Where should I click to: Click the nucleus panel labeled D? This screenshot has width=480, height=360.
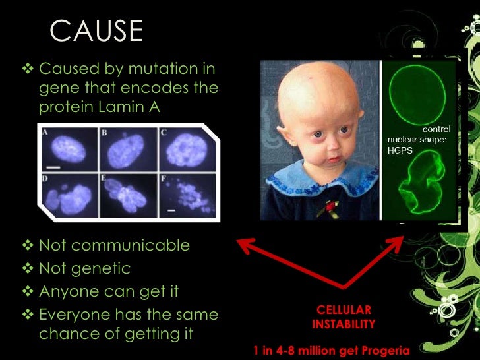pyautogui.click(x=67, y=195)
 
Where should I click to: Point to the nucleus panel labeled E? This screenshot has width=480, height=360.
pyautogui.click(x=126, y=195)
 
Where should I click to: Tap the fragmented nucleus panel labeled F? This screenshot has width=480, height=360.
pyautogui.click(x=184, y=196)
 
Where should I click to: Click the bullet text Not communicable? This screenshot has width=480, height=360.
pyautogui.click(x=114, y=246)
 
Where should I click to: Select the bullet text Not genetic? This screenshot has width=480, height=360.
pyautogui.click(x=85, y=268)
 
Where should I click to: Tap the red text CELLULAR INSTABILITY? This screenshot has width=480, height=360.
pyautogui.click(x=344, y=316)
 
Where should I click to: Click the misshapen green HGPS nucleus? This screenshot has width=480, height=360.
pyautogui.click(x=419, y=187)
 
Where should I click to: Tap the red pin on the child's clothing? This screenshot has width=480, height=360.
pyautogui.click(x=326, y=208)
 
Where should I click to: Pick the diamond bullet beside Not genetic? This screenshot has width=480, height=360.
pyautogui.click(x=30, y=268)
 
